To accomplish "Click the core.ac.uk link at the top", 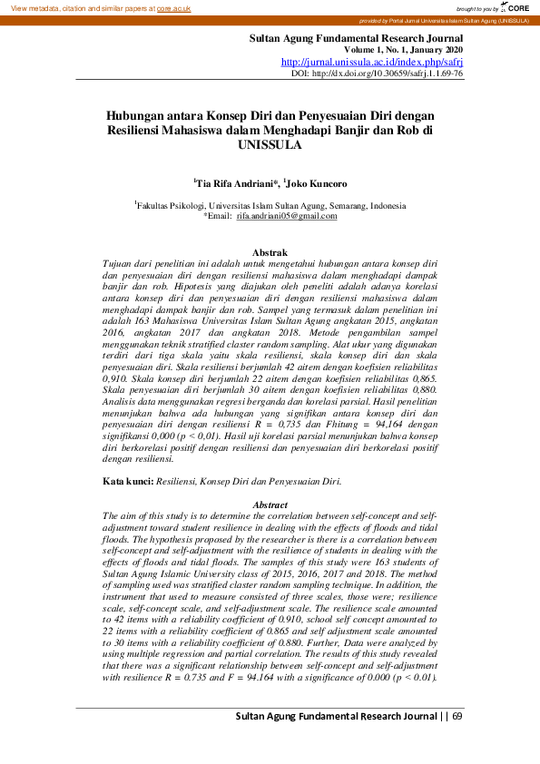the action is click(173, 7).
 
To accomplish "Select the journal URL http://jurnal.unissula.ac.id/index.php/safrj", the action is click(372, 62).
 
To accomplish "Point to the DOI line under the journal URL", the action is click(378, 73).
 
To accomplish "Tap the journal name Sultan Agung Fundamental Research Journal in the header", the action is click(356, 38).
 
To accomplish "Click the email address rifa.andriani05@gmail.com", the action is click(287, 216).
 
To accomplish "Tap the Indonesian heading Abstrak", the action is click(270, 251).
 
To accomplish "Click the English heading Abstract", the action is click(270, 504).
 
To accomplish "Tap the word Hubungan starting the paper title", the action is click(137, 116).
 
